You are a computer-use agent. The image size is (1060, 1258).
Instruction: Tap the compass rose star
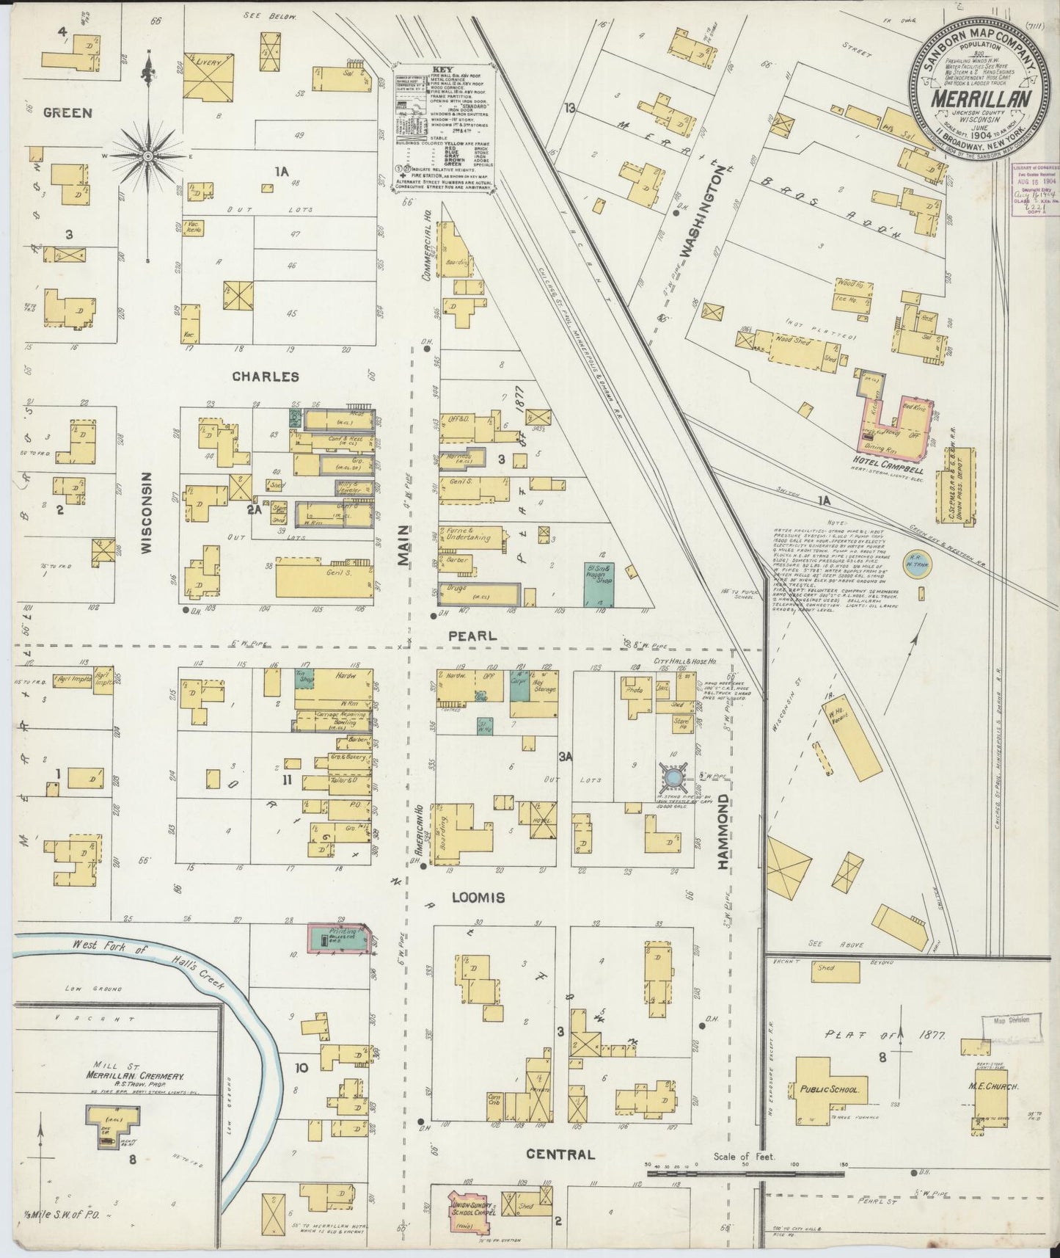(147, 156)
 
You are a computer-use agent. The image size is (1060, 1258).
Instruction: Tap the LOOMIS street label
(478, 897)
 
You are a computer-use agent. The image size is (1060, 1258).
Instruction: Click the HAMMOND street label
(723, 832)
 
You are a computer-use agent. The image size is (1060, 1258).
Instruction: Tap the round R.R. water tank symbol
(915, 564)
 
